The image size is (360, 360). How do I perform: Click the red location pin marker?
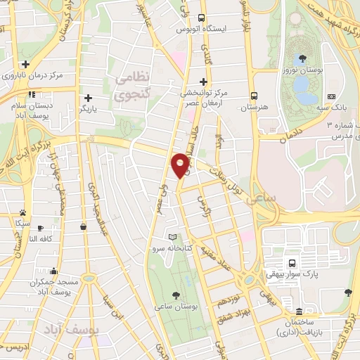(x=181, y=165)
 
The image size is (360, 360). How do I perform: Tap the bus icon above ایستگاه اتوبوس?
(x=202, y=18)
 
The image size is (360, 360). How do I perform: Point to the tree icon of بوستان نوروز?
(x=302, y=58)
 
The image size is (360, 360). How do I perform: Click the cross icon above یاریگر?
(x=87, y=98)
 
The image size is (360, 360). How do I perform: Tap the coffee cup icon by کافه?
(x=41, y=228)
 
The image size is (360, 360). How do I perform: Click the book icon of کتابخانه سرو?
(x=173, y=237)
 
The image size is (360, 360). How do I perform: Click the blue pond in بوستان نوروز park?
(x=303, y=86)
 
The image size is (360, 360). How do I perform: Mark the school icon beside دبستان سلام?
(x=30, y=94)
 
